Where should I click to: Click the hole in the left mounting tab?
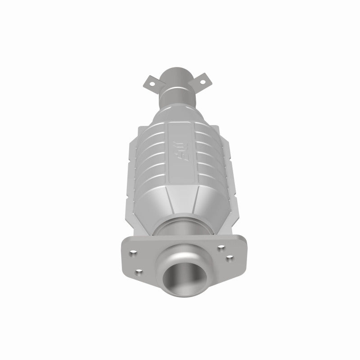[x=158, y=82]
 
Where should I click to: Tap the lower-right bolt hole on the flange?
[x=229, y=258]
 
